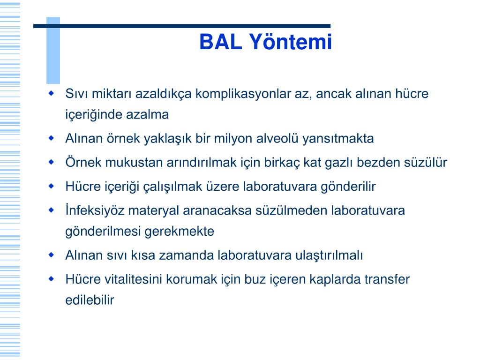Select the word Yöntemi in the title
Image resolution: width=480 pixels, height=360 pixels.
click(x=290, y=42)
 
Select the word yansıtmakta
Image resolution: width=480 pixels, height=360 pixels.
click(x=338, y=139)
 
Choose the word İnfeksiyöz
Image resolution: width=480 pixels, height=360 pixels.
click(x=95, y=210)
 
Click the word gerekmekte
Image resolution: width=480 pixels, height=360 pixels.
click(x=179, y=232)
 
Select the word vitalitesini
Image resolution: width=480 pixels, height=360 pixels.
click(x=133, y=279)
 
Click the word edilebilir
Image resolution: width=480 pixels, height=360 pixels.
click(x=90, y=300)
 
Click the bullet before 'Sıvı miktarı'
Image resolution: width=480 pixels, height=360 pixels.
click(x=51, y=93)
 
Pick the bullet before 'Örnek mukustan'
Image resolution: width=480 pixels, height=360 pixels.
click(x=51, y=162)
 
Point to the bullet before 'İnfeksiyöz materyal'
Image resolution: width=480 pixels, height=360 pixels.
click(x=51, y=210)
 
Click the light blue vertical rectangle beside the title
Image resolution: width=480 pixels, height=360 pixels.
click(x=53, y=51)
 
